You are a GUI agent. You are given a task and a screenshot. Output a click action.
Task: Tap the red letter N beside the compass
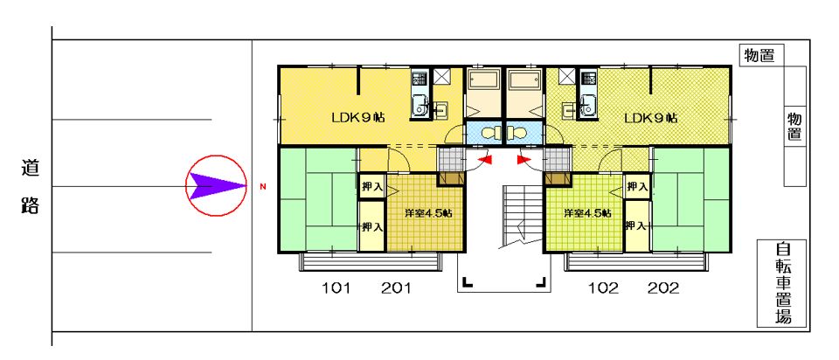click(x=262, y=187)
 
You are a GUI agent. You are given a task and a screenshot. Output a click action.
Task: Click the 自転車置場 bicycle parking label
click(x=783, y=283)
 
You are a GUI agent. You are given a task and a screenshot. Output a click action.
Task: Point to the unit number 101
click(x=336, y=289)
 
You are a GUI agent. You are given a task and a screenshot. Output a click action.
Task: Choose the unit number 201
click(x=396, y=289)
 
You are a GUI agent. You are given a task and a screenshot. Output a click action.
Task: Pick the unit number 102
click(x=604, y=289)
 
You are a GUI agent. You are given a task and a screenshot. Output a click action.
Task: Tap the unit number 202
click(x=663, y=289)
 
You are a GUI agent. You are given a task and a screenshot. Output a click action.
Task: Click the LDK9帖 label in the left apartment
click(x=359, y=117)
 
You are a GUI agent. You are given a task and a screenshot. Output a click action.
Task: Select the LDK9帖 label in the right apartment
click(x=650, y=117)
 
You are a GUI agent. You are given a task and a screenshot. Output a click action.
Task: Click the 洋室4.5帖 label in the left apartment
click(x=428, y=212)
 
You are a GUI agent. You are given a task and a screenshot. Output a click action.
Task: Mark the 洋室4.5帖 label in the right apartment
click(x=587, y=212)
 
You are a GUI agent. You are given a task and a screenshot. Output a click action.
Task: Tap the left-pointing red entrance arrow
click(x=485, y=159)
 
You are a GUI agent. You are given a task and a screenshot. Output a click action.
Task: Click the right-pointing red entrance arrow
click(x=524, y=159)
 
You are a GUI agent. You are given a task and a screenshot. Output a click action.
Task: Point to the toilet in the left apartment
click(x=489, y=132)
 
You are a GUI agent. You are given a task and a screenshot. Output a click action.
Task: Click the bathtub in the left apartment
click(x=483, y=81)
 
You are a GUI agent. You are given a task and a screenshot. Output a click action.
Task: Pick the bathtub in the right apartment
click(x=525, y=81)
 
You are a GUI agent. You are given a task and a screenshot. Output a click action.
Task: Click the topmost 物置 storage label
click(x=759, y=56)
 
